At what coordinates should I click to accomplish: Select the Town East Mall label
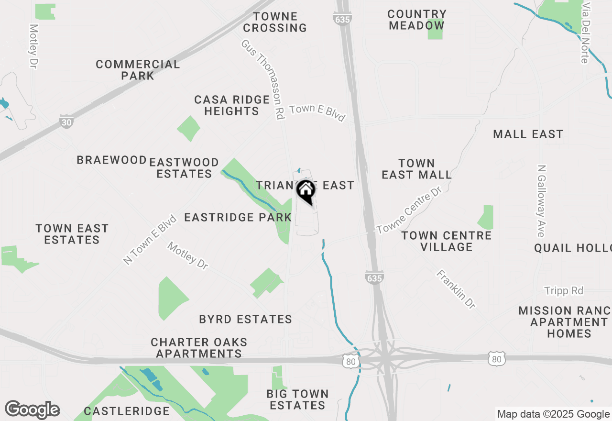[416, 169]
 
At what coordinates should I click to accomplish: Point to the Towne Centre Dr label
[408, 211]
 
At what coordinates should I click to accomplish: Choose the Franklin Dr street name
[456, 289]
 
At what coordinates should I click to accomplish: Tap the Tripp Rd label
[564, 291]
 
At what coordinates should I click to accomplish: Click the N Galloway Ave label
[541, 201]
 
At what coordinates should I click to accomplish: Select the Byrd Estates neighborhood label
[246, 319]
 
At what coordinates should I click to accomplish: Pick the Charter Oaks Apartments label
[199, 348]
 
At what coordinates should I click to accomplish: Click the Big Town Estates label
[297, 399]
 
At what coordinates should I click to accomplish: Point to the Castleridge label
[127, 411]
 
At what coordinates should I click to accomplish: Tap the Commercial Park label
[138, 70]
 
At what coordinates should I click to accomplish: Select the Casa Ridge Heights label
[232, 105]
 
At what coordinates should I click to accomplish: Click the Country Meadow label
[417, 20]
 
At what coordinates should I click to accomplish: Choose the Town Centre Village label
[447, 241]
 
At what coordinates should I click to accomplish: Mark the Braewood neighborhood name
[112, 160]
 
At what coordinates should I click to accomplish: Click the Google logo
[32, 410]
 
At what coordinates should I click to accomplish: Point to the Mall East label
[528, 134]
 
